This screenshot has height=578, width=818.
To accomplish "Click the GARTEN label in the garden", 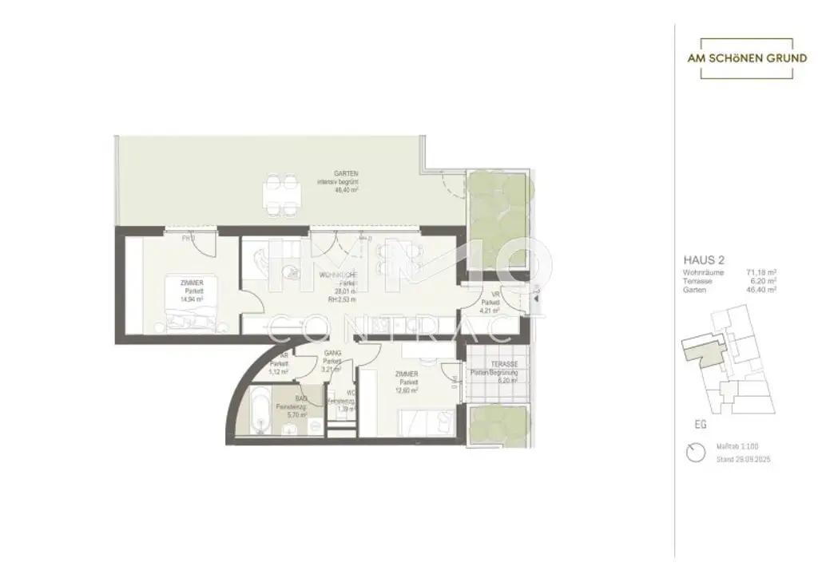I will pyautogui.click(x=345, y=173).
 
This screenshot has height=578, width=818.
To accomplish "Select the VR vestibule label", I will pyautogui.click(x=494, y=294).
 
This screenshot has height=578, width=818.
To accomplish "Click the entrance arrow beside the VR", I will pyautogui.click(x=536, y=298).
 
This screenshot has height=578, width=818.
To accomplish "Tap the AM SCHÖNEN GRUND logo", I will pyautogui.click(x=747, y=58).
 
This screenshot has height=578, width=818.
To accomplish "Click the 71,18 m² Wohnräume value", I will pyautogui.click(x=760, y=272).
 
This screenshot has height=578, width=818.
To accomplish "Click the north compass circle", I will pyautogui.click(x=695, y=453).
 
